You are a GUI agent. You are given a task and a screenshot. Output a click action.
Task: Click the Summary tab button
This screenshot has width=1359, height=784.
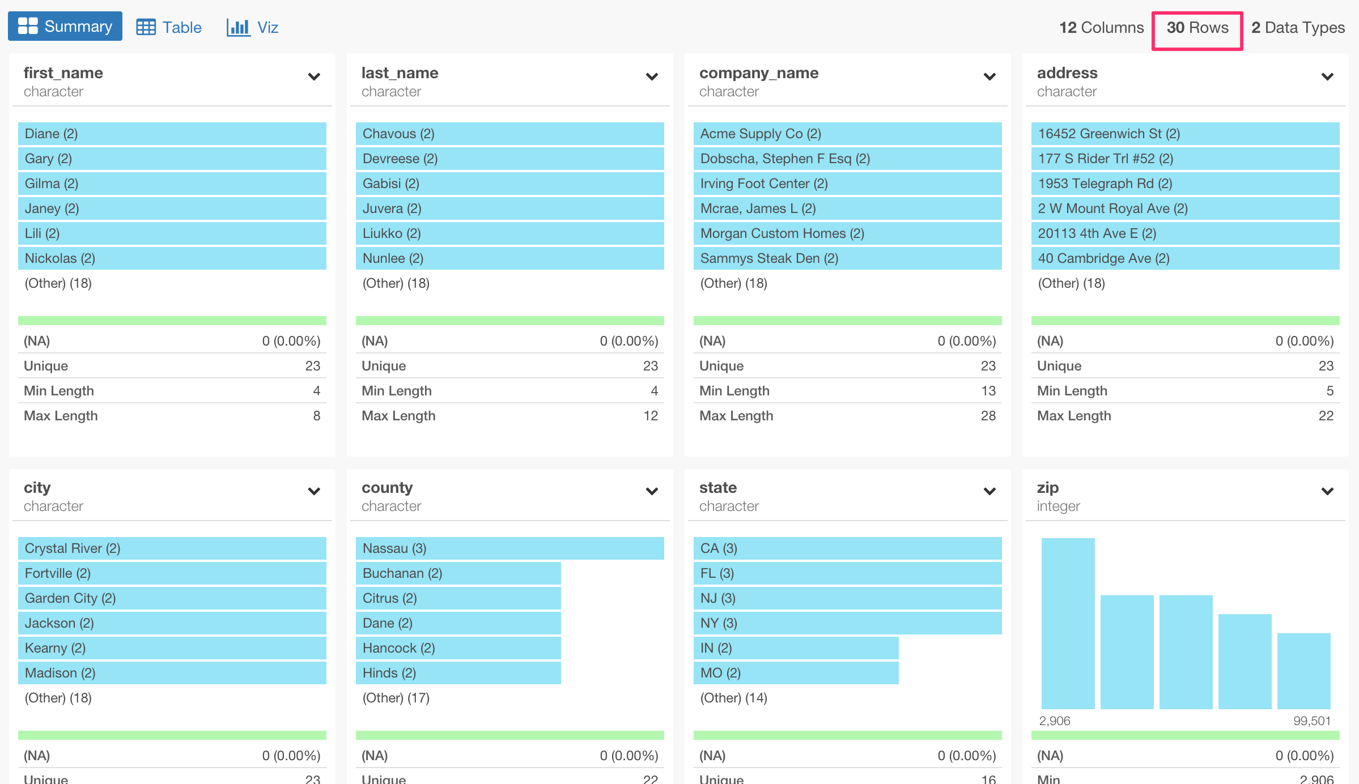click(65, 27)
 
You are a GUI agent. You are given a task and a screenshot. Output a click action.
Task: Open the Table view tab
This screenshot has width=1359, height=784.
click(169, 27)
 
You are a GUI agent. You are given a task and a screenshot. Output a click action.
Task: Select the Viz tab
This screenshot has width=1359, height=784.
click(253, 27)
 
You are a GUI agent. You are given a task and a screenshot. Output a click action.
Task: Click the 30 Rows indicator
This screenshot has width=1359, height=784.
click(1197, 28)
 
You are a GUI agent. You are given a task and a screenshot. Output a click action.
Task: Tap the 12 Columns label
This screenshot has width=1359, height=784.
click(1101, 28)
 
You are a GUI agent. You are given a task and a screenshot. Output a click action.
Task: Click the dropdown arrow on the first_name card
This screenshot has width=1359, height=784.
click(314, 76)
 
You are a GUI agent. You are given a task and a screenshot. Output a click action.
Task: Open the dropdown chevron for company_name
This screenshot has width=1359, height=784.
click(989, 76)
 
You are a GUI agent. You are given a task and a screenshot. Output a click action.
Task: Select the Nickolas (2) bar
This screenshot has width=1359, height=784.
click(172, 258)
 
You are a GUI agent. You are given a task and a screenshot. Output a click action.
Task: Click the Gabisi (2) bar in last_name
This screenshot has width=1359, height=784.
click(509, 184)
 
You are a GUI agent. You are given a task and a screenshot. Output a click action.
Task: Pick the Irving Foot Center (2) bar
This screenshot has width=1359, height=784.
click(847, 184)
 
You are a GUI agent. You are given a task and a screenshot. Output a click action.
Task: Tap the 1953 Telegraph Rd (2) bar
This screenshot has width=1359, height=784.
click(1185, 184)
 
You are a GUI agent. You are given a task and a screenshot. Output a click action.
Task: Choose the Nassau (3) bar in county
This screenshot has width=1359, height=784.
click(509, 548)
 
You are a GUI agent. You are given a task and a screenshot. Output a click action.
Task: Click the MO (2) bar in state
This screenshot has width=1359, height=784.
click(796, 673)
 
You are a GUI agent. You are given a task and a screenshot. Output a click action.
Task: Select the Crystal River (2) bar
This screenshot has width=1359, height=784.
click(172, 548)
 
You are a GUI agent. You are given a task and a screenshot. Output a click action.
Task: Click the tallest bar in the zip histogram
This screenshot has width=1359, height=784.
click(1068, 623)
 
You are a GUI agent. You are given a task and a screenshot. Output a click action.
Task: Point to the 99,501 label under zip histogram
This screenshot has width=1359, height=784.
click(1311, 721)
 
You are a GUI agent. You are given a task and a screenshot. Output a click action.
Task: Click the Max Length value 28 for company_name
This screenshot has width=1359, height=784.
click(988, 416)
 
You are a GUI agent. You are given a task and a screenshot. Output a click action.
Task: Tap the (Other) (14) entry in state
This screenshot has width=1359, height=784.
click(733, 698)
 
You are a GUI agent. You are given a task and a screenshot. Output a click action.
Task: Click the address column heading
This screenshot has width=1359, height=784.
click(1067, 73)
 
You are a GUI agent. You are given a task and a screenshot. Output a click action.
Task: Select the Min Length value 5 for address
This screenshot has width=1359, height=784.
click(1330, 391)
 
